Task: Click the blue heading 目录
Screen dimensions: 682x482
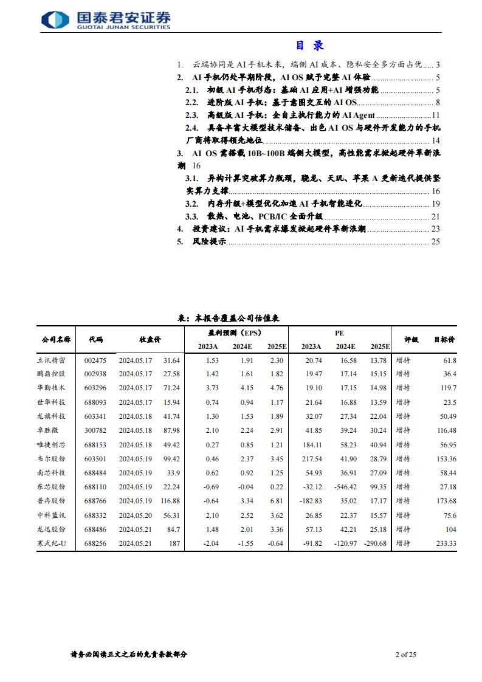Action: pyautogui.click(x=309, y=46)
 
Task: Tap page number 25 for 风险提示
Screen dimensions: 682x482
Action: pyautogui.click(x=435, y=241)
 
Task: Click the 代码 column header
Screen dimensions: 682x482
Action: pyautogui.click(x=95, y=339)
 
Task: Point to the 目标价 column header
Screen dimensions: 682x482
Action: pyautogui.click(x=444, y=339)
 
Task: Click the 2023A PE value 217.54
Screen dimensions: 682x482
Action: pyautogui.click(x=311, y=458)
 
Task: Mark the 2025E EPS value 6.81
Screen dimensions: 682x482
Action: pyautogui.click(x=276, y=500)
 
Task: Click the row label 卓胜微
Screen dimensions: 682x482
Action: pyautogui.click(x=49, y=430)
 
